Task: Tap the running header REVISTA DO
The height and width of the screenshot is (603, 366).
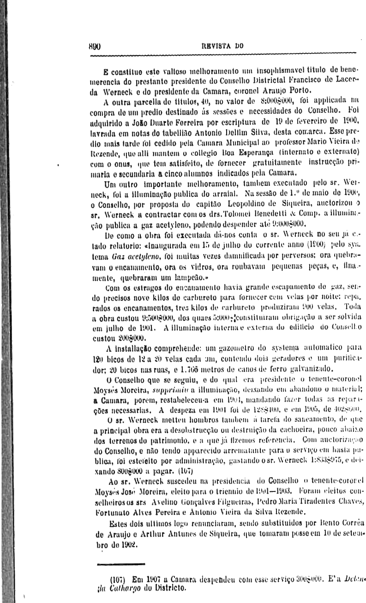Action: point(222,46)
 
